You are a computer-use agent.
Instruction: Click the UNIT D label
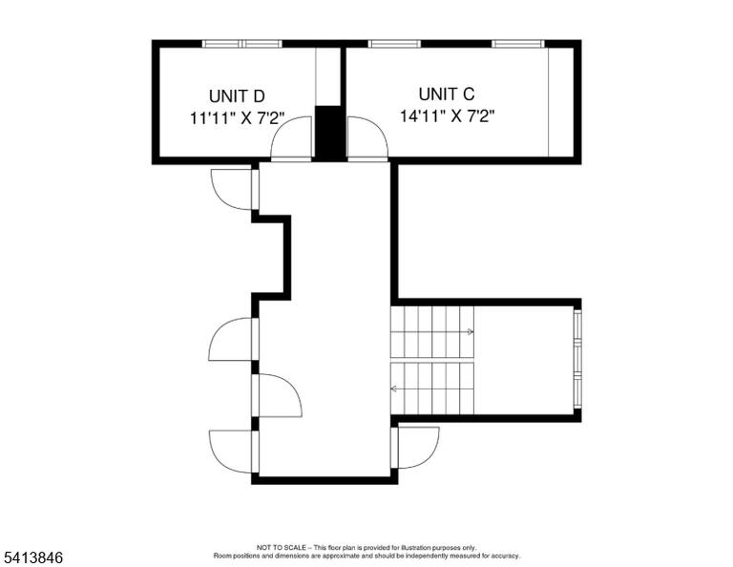(237, 96)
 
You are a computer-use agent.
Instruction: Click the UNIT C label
(447, 94)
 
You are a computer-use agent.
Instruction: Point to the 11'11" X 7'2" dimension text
(237, 117)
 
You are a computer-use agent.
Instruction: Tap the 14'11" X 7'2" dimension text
(447, 115)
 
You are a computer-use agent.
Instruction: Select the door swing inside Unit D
(291, 138)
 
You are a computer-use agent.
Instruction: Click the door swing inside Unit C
(367, 138)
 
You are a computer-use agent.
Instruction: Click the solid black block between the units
(329, 134)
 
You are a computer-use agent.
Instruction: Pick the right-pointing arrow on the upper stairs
(471, 332)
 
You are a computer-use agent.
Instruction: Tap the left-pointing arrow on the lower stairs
(393, 388)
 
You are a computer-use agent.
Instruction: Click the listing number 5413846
(32, 557)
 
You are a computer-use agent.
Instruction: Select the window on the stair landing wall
(577, 359)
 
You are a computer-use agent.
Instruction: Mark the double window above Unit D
(242, 44)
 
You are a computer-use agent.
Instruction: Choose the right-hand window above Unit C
(518, 44)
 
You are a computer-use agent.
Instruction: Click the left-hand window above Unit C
(394, 44)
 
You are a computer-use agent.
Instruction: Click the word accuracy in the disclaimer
(504, 556)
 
